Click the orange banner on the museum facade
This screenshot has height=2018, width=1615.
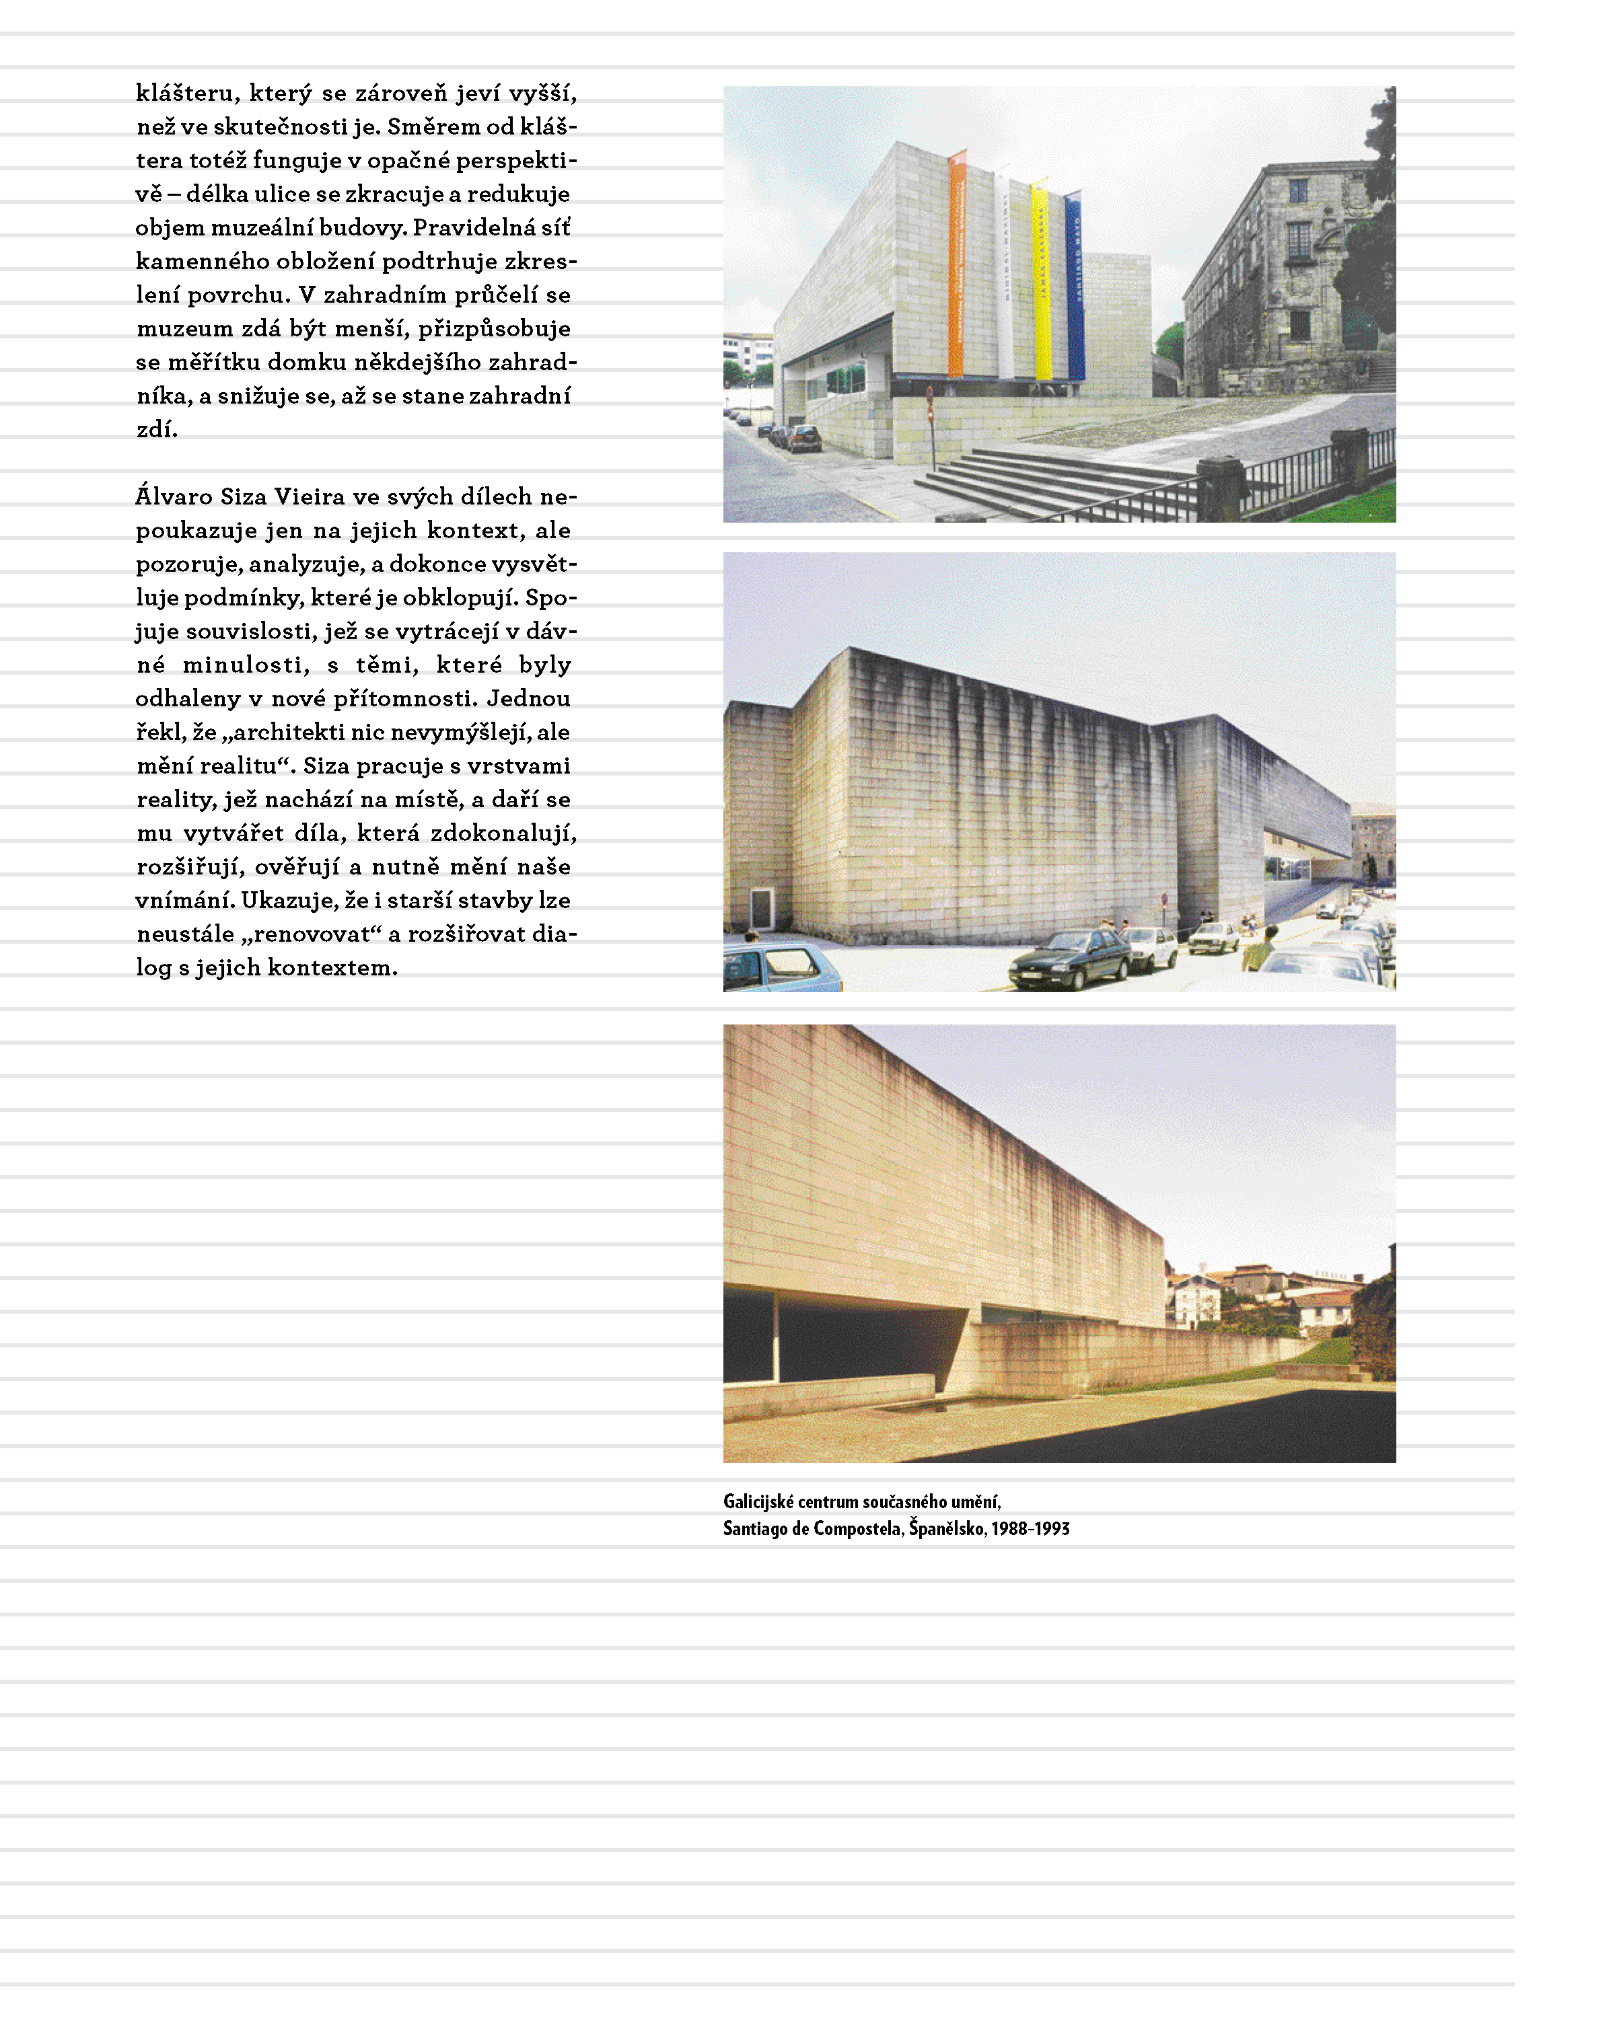956,267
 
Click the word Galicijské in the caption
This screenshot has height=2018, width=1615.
758,1502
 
